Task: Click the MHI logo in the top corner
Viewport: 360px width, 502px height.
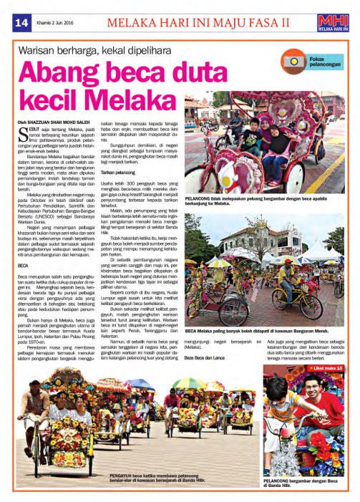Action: pos(339,21)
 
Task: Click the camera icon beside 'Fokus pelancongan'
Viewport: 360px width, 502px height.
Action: pos(294,61)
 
